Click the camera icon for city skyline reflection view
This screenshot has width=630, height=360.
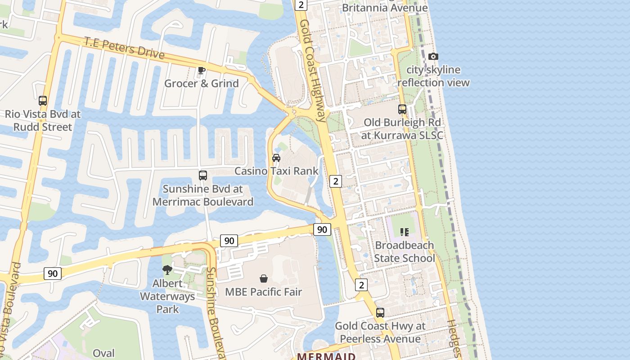pos(433,57)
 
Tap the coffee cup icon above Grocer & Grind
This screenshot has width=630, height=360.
pos(201,70)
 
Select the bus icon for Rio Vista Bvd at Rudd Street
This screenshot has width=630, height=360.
pos(43,101)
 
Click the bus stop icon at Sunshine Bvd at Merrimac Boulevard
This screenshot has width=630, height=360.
pos(203,175)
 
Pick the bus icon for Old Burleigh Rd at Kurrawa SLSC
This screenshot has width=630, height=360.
pos(402,109)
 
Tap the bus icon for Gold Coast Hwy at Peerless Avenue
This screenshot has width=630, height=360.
pos(380,313)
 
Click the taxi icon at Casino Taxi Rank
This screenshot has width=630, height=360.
pos(276,158)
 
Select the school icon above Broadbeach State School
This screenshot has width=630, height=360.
pos(404,232)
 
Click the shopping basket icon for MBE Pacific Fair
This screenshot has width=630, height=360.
pos(264,279)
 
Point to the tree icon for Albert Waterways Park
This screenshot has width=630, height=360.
pos(167,270)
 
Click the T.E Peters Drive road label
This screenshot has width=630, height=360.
pos(124,47)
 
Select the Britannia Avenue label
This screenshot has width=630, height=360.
pos(385,8)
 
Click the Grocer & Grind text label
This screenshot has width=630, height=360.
pos(201,83)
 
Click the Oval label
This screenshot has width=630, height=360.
pos(103,353)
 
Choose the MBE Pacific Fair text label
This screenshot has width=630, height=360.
pos(263,292)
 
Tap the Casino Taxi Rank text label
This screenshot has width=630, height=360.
pos(276,171)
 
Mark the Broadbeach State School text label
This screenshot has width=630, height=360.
pos(404,252)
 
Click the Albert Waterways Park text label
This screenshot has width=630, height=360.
pos(167,296)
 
